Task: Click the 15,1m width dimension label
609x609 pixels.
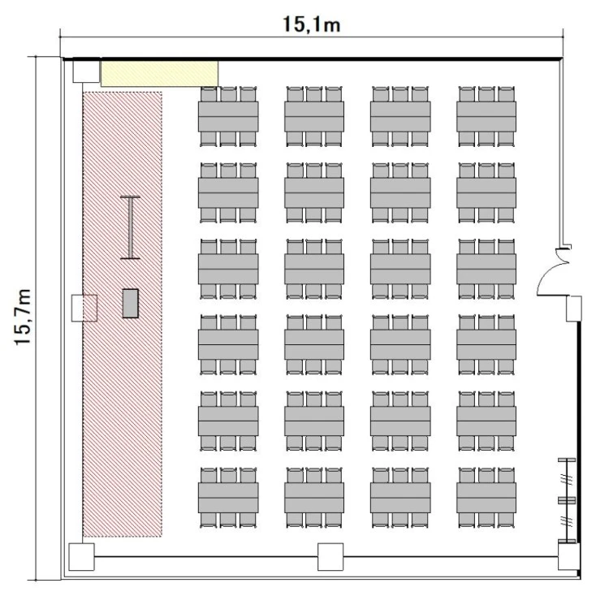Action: tap(312, 24)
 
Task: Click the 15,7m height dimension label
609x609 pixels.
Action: tap(23, 317)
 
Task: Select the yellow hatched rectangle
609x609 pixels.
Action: tap(159, 73)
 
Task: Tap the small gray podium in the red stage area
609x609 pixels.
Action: tap(131, 304)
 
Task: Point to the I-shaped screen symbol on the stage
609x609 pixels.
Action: tap(131, 227)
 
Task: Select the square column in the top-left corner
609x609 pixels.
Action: tap(86, 71)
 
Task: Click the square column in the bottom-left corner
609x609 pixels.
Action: tap(81, 557)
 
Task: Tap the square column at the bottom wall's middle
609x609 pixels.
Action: tap(330, 557)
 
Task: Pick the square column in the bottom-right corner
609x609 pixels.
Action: tap(569, 556)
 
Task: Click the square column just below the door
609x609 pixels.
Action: tap(573, 309)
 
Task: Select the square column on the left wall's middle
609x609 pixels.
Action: tap(84, 308)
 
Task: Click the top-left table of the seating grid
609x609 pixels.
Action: tap(228, 116)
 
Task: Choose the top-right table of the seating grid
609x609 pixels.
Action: tap(486, 116)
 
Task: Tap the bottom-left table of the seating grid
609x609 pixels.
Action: tap(228, 498)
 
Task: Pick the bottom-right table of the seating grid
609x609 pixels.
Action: tap(486, 498)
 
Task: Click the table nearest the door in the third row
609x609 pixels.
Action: tap(486, 269)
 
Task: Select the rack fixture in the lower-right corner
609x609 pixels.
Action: tap(567, 501)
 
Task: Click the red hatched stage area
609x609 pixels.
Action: tap(123, 314)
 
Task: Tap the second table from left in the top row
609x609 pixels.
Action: tap(314, 116)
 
